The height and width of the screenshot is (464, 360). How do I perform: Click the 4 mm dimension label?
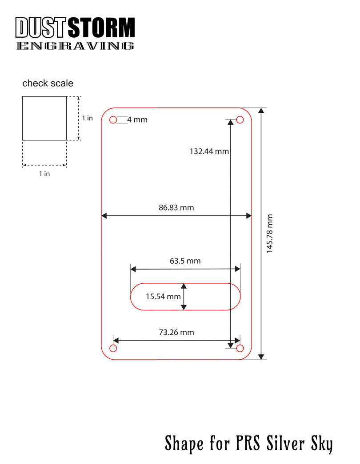pyautogui.click(x=137, y=119)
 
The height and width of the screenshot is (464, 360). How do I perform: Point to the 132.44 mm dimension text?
pyautogui.click(x=209, y=151)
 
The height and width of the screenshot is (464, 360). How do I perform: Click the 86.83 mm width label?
pyautogui.click(x=176, y=207)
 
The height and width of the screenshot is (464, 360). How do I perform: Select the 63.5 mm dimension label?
pyautogui.click(x=185, y=261)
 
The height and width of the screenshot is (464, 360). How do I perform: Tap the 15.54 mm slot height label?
pyautogui.click(x=163, y=296)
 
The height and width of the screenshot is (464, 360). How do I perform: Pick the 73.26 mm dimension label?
pyautogui.click(x=176, y=332)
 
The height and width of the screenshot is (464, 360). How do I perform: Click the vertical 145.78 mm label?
pyautogui.click(x=269, y=234)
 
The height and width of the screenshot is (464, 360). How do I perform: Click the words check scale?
pyautogui.click(x=48, y=83)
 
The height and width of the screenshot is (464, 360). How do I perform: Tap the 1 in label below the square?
pyautogui.click(x=44, y=174)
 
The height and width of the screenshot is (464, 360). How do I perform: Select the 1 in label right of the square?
pyautogui.click(x=88, y=118)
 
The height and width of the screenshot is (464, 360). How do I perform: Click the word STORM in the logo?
pyautogui.click(x=101, y=28)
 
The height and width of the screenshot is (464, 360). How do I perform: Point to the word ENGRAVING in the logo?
pyautogui.click(x=75, y=46)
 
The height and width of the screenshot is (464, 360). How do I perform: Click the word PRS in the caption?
pyautogui.click(x=248, y=443)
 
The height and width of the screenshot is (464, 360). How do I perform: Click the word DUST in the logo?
pyautogui.click(x=40, y=28)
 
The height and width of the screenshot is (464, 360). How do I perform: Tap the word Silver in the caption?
pyautogui.click(x=285, y=443)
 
